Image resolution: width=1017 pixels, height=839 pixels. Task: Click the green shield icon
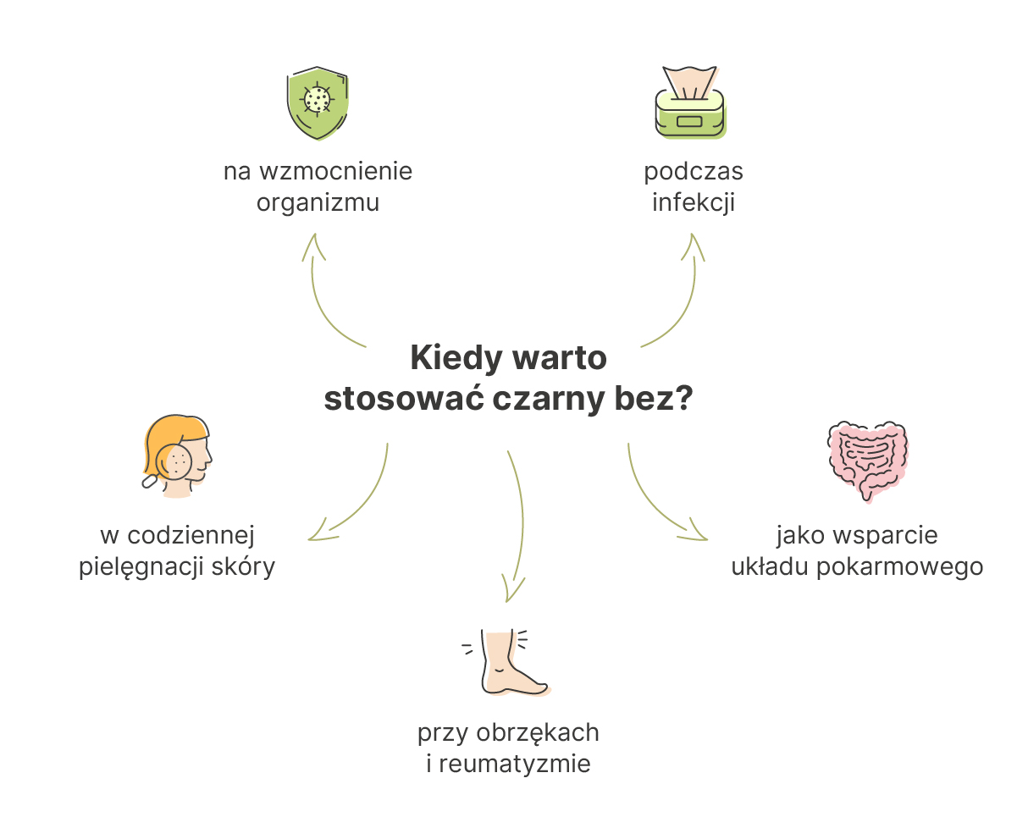tap(318, 103)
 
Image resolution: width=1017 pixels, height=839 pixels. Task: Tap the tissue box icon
tap(691, 102)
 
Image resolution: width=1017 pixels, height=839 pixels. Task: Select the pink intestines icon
tap(867, 461)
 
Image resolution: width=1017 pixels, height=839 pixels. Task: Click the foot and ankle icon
tap(506, 662)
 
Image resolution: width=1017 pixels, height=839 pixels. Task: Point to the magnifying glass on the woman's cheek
tap(174, 462)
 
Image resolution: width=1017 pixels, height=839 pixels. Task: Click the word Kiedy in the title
tap(456, 358)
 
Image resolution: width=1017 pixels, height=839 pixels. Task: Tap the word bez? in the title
tap(654, 398)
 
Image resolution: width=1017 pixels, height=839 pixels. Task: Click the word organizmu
tap(318, 202)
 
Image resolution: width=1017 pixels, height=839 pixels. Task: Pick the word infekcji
tap(694, 202)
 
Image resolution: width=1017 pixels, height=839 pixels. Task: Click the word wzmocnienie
tap(336, 171)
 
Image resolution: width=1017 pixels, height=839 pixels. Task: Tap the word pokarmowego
tap(900, 566)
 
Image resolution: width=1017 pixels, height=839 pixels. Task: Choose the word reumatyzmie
tap(515, 764)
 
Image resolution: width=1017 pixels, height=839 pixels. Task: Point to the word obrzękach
tap(538, 733)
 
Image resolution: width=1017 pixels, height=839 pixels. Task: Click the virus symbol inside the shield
tap(317, 100)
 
